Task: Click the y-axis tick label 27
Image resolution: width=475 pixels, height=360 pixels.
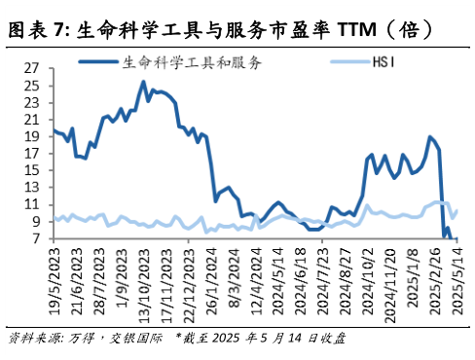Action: coord(31,69)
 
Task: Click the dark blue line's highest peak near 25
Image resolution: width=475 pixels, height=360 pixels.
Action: coord(144,82)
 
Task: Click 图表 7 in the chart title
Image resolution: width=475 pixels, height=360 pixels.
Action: coord(34,31)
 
